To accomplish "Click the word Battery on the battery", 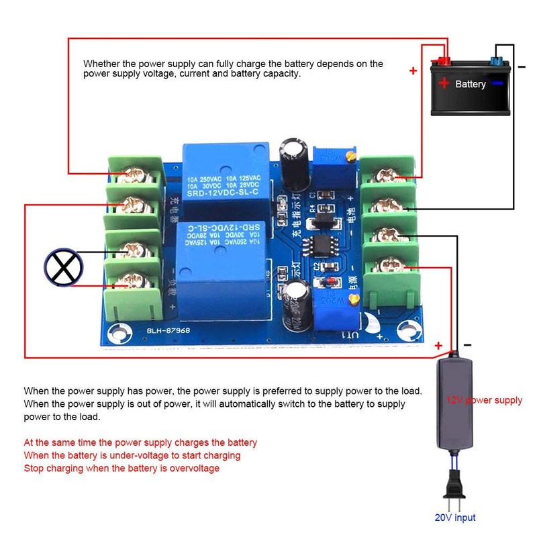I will [x=470, y=85].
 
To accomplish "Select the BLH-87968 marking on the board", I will [x=160, y=330].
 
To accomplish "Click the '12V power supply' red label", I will [x=484, y=401].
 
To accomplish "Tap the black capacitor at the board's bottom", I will [x=297, y=303].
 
